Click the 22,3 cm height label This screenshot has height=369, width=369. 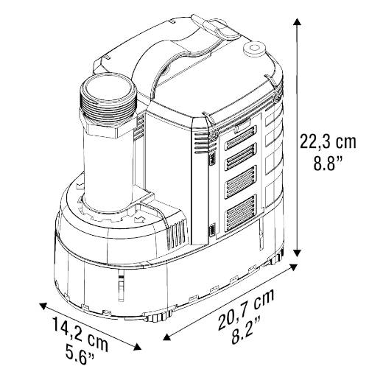(x=328, y=142)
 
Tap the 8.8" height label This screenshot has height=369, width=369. (x=328, y=163)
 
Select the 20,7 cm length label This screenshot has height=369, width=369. (x=246, y=309)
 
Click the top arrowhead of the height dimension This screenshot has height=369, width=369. (x=298, y=21)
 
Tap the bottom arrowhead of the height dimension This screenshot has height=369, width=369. (x=298, y=253)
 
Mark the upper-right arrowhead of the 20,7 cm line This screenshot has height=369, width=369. (x=293, y=267)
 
